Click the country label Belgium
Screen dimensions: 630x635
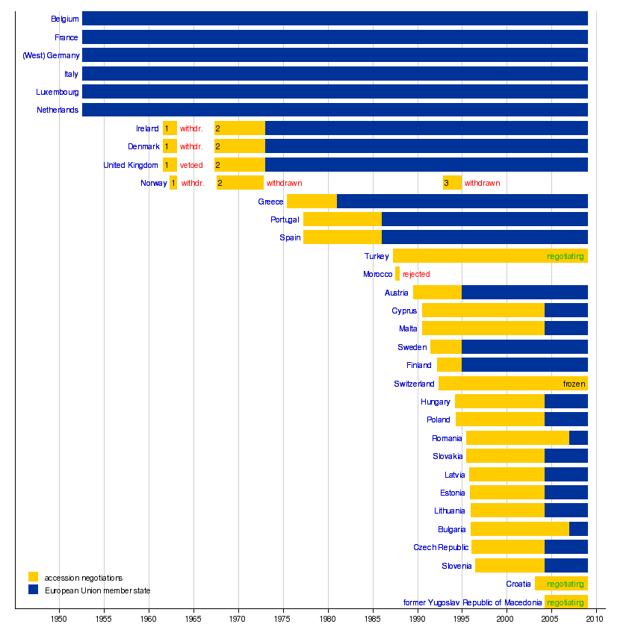click(x=65, y=19)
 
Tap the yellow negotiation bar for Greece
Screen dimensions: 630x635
click(x=312, y=202)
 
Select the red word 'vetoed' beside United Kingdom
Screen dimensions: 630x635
click(x=191, y=165)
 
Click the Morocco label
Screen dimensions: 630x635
click(x=377, y=274)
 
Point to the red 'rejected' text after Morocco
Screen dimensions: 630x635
click(x=416, y=274)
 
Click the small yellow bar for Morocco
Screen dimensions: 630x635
click(x=397, y=274)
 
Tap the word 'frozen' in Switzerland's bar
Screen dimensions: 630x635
click(x=574, y=384)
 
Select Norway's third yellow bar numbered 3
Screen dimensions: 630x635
click(x=452, y=183)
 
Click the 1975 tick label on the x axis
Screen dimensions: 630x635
click(x=283, y=620)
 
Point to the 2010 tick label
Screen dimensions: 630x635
click(x=595, y=620)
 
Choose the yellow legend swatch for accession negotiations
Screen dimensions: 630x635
click(x=33, y=577)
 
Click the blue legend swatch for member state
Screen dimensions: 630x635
click(x=33, y=590)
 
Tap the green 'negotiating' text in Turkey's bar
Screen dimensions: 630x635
click(x=565, y=256)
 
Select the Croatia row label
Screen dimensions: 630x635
click(x=518, y=584)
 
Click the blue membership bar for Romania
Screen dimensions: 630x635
click(x=578, y=438)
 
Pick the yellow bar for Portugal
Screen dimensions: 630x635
click(x=342, y=219)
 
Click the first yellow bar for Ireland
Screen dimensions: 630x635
click(x=170, y=128)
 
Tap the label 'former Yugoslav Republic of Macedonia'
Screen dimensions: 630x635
click(x=472, y=602)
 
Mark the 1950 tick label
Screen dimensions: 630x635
click(x=59, y=620)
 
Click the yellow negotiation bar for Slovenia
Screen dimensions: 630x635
click(x=509, y=566)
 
